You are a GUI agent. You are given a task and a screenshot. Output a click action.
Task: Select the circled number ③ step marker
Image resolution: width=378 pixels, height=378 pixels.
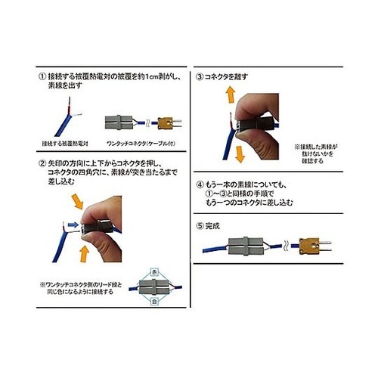[x=200, y=77]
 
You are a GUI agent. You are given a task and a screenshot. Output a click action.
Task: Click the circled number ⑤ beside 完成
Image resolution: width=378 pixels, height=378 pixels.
[x=200, y=225]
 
